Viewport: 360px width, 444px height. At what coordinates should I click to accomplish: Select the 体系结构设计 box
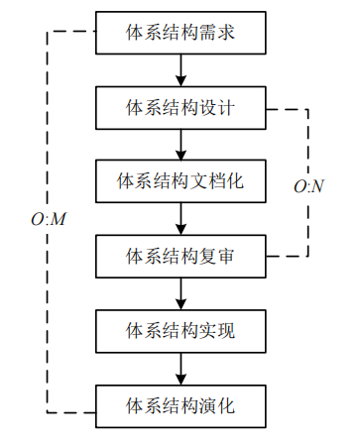click(180, 106)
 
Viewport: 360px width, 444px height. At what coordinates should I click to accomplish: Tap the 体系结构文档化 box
click(180, 180)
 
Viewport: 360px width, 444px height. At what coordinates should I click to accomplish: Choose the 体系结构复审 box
click(180, 256)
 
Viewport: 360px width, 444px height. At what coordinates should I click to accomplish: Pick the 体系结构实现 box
click(180, 330)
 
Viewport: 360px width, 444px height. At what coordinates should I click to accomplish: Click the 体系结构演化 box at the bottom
click(180, 404)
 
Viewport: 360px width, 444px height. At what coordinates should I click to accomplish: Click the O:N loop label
click(309, 185)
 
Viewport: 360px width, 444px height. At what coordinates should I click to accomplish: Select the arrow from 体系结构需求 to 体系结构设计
click(180, 69)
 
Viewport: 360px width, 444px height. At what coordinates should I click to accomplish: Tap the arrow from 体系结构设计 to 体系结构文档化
click(180, 144)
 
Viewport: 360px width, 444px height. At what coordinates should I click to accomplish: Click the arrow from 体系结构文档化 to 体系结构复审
click(180, 218)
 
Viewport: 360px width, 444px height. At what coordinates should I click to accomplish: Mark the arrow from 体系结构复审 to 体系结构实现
click(180, 292)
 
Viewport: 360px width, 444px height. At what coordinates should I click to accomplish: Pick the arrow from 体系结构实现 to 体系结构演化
click(180, 367)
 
